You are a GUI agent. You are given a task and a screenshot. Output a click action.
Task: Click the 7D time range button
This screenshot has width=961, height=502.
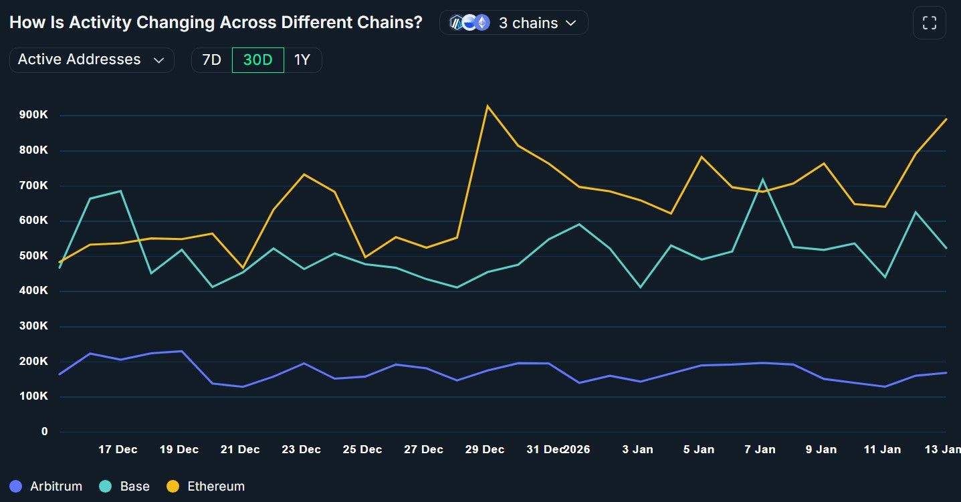coord(211,60)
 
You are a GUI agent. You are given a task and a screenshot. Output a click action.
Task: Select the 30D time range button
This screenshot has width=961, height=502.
coord(257,60)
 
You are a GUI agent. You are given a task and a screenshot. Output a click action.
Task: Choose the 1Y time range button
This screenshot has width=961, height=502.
coord(302,60)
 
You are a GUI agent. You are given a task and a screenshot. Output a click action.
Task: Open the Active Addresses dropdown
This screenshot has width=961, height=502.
coord(92,59)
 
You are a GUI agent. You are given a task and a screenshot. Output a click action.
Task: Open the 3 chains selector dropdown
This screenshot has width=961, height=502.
coord(514,23)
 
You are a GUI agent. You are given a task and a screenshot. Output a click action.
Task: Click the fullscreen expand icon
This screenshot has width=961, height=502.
coord(929,23)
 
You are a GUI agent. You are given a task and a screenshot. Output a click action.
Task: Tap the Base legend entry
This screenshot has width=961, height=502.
coord(125,486)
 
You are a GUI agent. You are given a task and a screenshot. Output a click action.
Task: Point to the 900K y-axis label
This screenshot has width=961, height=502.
coord(34,115)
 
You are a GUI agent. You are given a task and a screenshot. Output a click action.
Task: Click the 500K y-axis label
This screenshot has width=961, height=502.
coord(34,256)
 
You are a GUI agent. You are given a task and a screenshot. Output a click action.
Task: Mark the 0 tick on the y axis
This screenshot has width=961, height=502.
coord(44,432)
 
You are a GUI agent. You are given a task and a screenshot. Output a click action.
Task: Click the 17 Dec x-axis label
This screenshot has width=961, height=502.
coord(118,450)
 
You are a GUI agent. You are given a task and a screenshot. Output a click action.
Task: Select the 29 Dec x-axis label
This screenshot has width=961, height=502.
coord(485,450)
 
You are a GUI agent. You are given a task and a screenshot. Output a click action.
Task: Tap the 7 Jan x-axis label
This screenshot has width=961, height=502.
coord(760,450)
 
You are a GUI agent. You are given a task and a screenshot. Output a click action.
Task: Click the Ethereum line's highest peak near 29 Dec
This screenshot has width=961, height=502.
coord(488,106)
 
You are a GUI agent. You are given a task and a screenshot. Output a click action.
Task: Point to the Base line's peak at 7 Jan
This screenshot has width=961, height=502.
coord(762,179)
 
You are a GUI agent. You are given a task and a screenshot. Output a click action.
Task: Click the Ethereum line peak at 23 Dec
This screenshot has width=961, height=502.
coord(304,174)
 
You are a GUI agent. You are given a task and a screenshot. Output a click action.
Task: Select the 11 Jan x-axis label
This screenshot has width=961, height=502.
coord(882,450)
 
